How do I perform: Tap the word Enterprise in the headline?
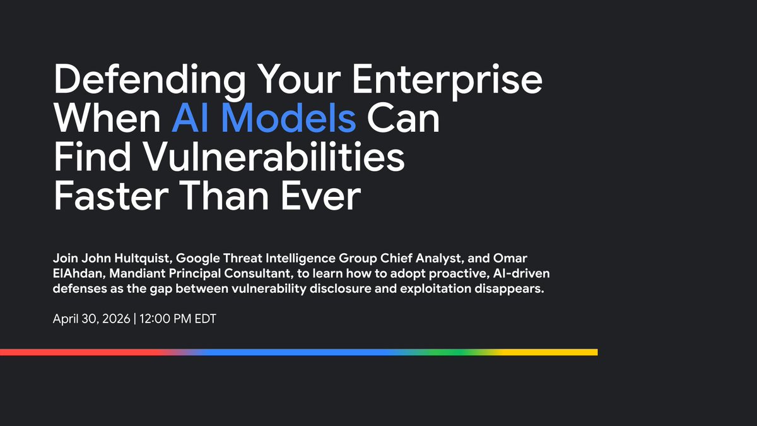[447, 80]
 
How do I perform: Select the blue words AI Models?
[264, 118]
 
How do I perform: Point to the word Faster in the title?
[111, 196]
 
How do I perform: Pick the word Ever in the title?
[320, 196]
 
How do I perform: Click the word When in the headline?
[107, 118]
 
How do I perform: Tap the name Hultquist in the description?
[143, 258]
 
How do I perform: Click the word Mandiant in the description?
[138, 273]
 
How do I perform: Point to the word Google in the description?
[197, 259]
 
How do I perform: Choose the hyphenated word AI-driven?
[522, 273]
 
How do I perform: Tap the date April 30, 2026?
[91, 319]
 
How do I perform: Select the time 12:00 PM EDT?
[178, 319]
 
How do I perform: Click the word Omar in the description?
[510, 258]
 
